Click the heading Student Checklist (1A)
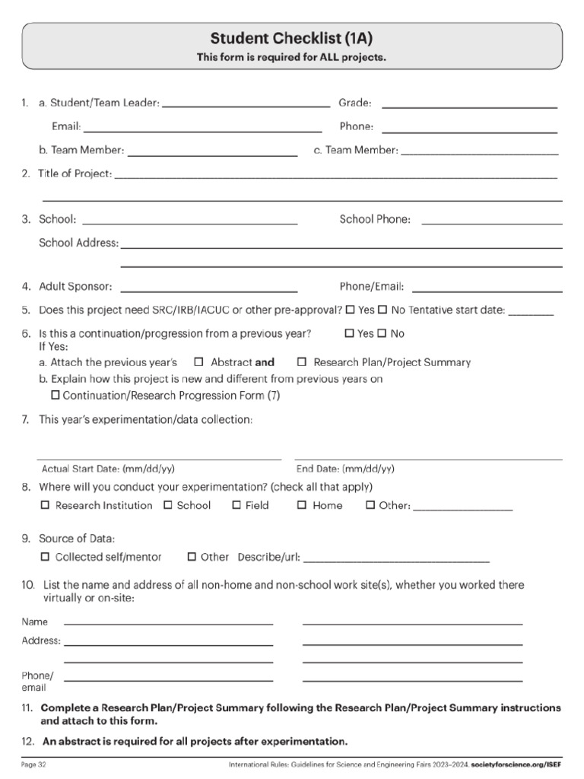click(x=291, y=39)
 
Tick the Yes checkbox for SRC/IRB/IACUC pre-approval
click(x=349, y=310)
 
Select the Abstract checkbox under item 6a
click(x=198, y=362)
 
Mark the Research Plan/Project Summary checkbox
click(x=301, y=362)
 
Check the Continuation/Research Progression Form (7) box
click(x=55, y=396)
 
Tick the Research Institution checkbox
click(x=45, y=505)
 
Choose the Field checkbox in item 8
click(x=236, y=505)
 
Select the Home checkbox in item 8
click(x=302, y=505)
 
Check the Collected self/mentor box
click(x=45, y=557)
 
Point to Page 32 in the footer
click(x=34, y=763)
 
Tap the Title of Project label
click(x=75, y=173)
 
